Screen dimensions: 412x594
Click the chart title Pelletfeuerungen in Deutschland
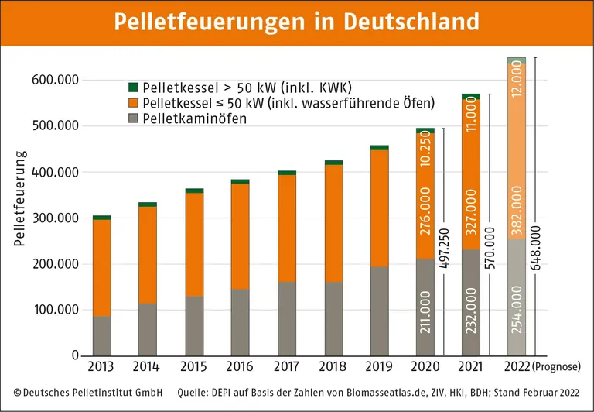297,22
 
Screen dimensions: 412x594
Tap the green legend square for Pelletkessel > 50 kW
132,87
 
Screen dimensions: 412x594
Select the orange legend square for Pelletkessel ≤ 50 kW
132,102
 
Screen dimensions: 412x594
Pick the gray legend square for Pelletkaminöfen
132,118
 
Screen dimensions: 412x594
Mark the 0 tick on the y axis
75,356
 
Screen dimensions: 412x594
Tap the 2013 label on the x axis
101,366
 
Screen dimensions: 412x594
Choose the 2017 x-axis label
286,366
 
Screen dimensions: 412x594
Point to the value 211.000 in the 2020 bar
425,318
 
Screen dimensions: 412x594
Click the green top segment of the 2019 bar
379,147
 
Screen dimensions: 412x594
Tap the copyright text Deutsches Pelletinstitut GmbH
87,393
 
